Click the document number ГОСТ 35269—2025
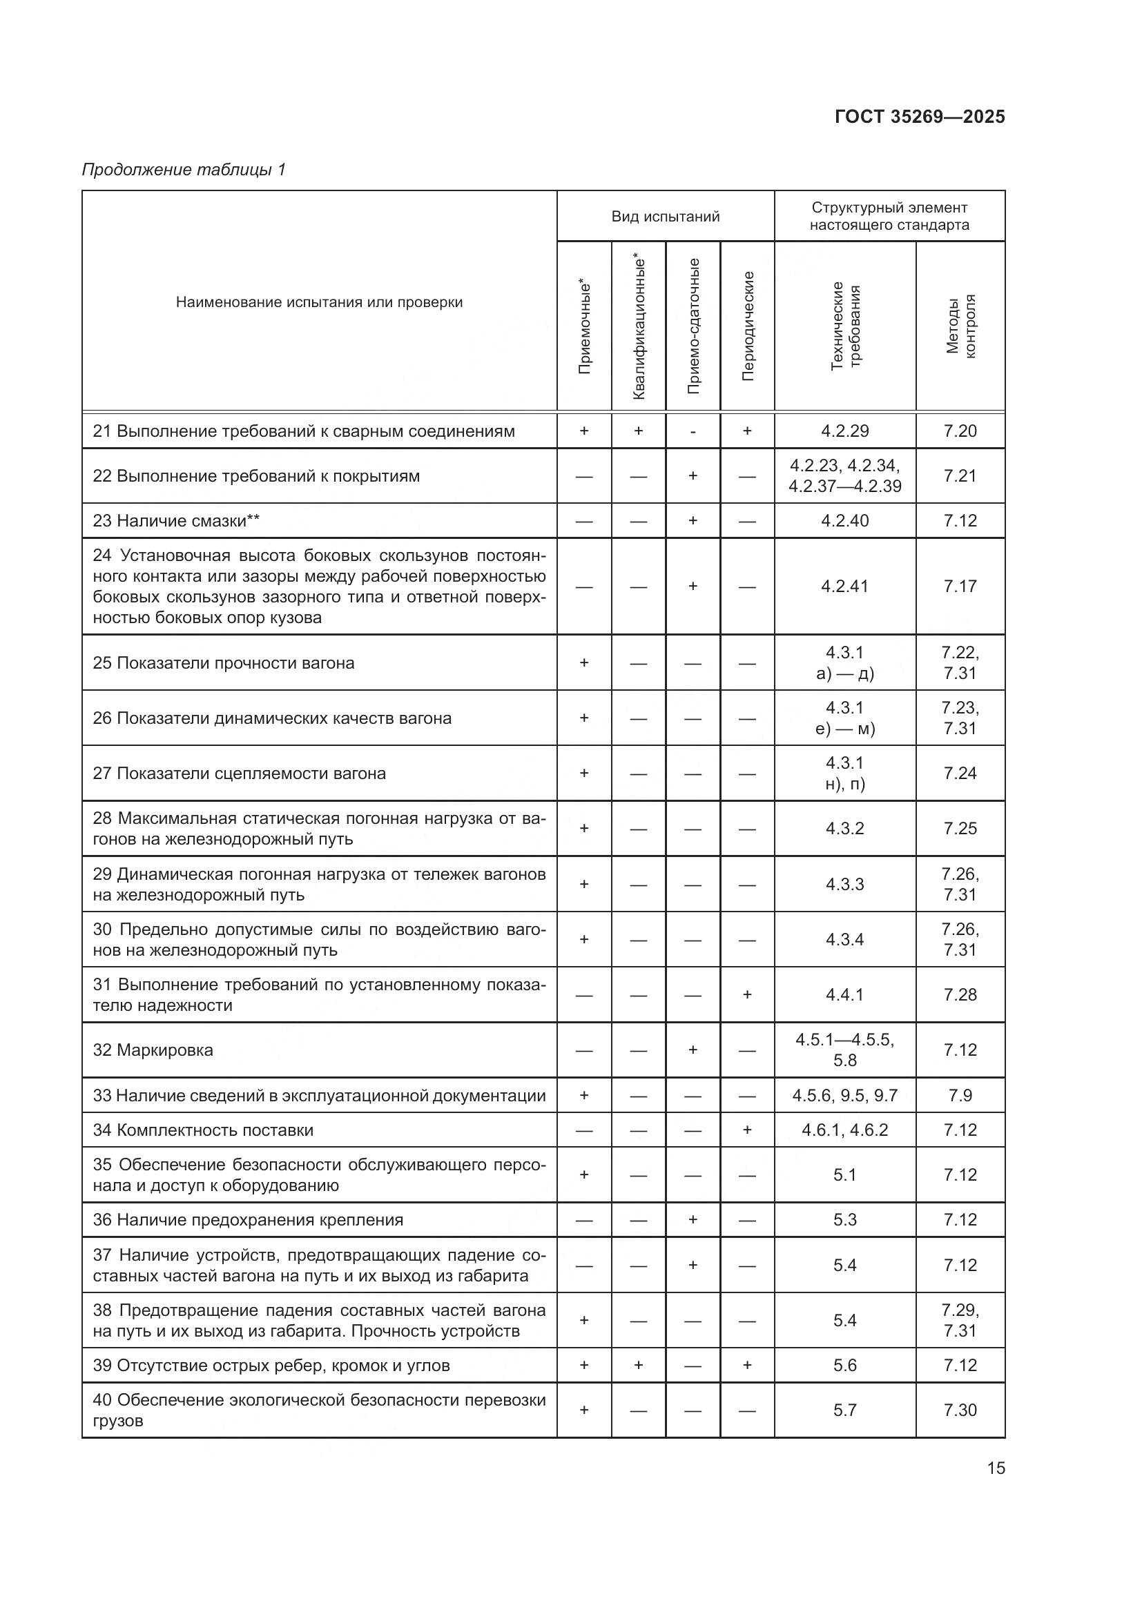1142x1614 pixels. pos(919,117)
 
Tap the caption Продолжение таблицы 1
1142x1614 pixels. pos(184,170)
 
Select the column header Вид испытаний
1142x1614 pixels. pos(665,217)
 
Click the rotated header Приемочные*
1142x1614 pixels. pos(584,326)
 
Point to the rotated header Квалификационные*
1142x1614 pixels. pos(639,326)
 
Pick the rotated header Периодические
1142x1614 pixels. pos(748,326)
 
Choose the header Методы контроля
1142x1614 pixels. pos(960,326)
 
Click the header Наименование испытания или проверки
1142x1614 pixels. pos(319,302)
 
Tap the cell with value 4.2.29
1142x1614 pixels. pos(844,431)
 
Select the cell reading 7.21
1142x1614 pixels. pos(960,476)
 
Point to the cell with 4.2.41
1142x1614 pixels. pos(844,587)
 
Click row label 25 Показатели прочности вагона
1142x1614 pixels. pos(224,663)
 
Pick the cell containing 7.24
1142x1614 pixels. pos(960,774)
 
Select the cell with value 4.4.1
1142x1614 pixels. pos(844,995)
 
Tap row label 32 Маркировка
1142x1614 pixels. pos(153,1050)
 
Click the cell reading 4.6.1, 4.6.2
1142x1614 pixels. pos(844,1130)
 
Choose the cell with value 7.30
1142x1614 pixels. pos(960,1410)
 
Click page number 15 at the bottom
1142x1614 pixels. pos(996,1468)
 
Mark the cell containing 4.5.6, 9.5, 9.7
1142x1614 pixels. pos(844,1095)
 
